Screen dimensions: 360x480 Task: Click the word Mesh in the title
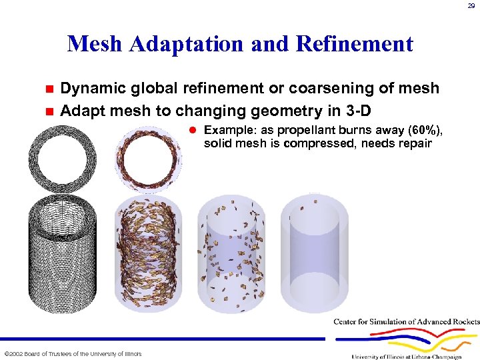pyautogui.click(x=95, y=44)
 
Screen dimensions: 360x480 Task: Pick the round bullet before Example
pyautogui.click(x=193, y=130)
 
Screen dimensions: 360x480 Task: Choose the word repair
pyautogui.click(x=413, y=143)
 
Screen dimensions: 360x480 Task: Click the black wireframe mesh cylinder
pyautogui.click(x=61, y=253)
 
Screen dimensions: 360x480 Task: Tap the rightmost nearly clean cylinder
pyautogui.click(x=314, y=253)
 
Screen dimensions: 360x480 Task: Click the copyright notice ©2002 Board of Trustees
pyautogui.click(x=73, y=353)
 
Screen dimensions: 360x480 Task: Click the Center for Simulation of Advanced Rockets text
pyautogui.click(x=406, y=322)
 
